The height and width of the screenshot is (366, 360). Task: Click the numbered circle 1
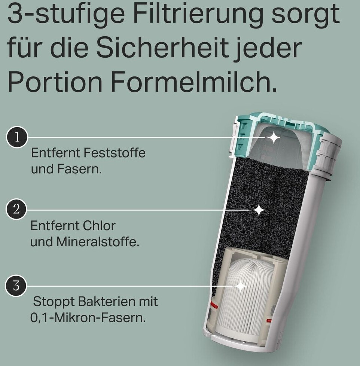point(17,137)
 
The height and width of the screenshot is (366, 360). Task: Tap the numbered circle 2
point(16,209)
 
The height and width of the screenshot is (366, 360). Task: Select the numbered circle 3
point(16,285)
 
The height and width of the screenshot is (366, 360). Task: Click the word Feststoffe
point(114,153)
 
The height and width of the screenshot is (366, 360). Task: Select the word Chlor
point(96,226)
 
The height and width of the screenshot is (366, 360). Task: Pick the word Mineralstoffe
point(98,242)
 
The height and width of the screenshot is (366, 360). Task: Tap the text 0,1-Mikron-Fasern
point(88,318)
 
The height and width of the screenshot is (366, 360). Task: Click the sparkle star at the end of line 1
point(274,138)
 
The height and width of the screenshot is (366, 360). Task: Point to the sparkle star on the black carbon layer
point(259,210)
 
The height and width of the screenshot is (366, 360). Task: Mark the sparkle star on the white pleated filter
point(241,286)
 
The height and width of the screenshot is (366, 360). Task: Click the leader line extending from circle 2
point(138,210)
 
